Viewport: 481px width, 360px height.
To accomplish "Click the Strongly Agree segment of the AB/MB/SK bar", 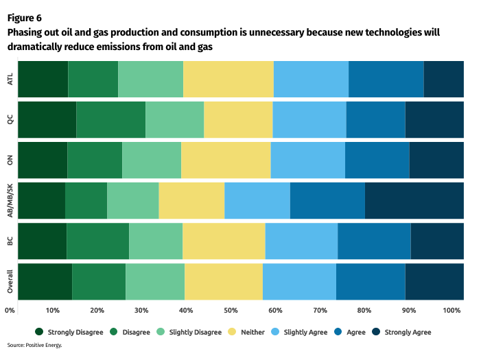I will coord(414,200).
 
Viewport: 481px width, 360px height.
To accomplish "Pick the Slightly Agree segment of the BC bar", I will coord(301,241).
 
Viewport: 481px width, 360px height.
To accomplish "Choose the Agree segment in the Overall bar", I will coord(370,281).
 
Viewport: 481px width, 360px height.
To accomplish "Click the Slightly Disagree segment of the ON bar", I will coord(152,160).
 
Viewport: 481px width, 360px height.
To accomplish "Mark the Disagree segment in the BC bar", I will coord(97,241).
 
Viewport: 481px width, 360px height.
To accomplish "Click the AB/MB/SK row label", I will coord(10,200).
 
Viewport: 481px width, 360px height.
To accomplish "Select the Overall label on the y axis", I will coord(10,281).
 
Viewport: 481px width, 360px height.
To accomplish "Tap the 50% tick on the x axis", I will coord(231,311).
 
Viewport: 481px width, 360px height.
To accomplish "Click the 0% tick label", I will coord(10,311).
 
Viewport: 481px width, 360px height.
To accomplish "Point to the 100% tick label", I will coord(452,311).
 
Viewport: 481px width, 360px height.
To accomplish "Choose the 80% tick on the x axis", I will coord(364,311).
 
